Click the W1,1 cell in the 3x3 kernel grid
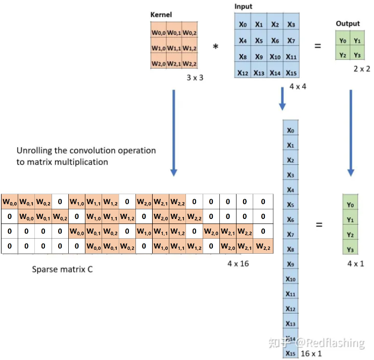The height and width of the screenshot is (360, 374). pyautogui.click(x=174, y=49)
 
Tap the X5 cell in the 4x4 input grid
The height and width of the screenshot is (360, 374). pyautogui.click(x=259, y=40)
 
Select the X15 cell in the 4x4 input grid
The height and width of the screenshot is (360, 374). pyautogui.click(x=291, y=73)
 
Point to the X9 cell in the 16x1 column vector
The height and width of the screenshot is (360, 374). pyautogui.click(x=290, y=264)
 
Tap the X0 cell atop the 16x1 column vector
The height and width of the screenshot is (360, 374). pyautogui.click(x=290, y=130)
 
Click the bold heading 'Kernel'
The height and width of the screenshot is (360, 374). pyautogui.click(x=161, y=15)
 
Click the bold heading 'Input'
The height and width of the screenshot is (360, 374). pyautogui.click(x=244, y=7)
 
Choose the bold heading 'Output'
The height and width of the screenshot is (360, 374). pyautogui.click(x=348, y=24)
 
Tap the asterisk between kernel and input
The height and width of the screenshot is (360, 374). pyautogui.click(x=216, y=47)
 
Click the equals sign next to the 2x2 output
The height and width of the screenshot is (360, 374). pyautogui.click(x=318, y=46)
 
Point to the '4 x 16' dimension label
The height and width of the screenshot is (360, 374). pyautogui.click(x=238, y=263)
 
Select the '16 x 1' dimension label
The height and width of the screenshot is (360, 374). pyautogui.click(x=311, y=353)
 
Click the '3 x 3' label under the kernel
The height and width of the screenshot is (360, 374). pyautogui.click(x=195, y=78)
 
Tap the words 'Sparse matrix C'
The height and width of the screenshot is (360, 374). pyautogui.click(x=62, y=269)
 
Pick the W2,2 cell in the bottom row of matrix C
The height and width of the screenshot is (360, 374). pyautogui.click(x=263, y=247)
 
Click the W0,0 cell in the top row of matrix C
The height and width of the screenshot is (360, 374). pyautogui.click(x=10, y=202)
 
